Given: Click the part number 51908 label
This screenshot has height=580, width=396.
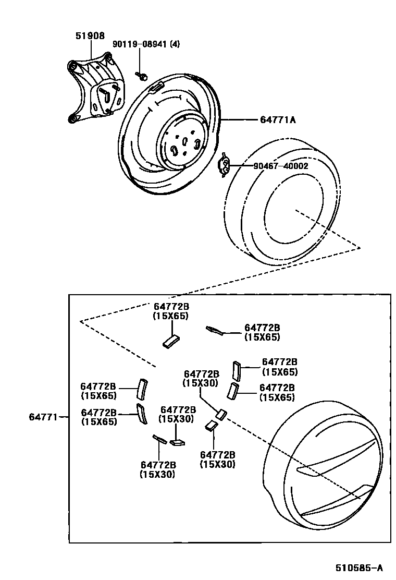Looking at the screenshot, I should click(90, 36).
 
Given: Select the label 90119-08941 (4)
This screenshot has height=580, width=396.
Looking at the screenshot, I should click(146, 44).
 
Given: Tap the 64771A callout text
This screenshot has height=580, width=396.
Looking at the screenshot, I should click(278, 120).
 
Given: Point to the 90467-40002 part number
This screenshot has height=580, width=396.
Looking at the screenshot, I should click(281, 166).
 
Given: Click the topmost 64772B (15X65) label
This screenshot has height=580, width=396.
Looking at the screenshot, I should click(170, 311).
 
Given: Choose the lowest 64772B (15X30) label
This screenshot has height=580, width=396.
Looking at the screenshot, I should click(157, 469).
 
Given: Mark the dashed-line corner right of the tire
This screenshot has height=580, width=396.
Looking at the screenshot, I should click(360, 247).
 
